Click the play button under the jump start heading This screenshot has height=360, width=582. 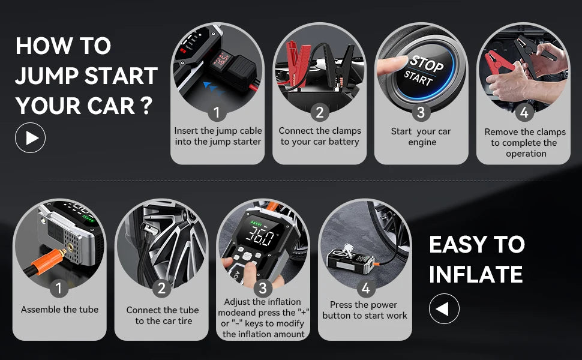pyautogui.click(x=30, y=138)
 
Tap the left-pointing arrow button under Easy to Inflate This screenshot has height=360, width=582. pyautogui.click(x=444, y=309)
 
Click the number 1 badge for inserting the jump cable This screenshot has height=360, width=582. pyautogui.click(x=217, y=112)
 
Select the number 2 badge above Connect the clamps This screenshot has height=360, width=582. pyautogui.click(x=319, y=112)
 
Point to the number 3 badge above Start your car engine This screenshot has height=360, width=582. pyautogui.click(x=421, y=112)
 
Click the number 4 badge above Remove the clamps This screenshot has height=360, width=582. pyautogui.click(x=524, y=112)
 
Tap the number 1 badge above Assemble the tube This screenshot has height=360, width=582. pyautogui.click(x=59, y=289)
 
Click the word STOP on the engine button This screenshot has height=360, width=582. pyautogui.click(x=426, y=64)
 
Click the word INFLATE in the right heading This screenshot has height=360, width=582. pyautogui.click(x=475, y=274)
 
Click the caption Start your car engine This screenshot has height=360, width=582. pyautogui.click(x=421, y=137)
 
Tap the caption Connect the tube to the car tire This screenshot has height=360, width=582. pyautogui.click(x=162, y=316)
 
